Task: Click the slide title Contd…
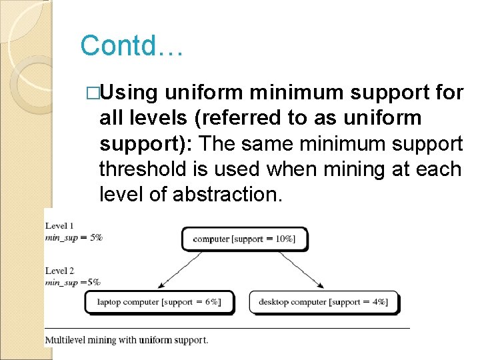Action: click(131, 46)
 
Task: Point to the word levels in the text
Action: click(154, 117)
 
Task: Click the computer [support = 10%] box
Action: click(244, 239)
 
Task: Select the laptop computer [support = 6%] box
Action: click(159, 302)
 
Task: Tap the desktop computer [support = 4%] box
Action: click(323, 302)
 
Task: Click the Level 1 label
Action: click(59, 226)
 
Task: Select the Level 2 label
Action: click(59, 271)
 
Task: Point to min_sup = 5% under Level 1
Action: click(73, 237)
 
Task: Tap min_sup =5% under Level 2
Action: click(73, 282)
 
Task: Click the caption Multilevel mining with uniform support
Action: click(127, 340)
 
